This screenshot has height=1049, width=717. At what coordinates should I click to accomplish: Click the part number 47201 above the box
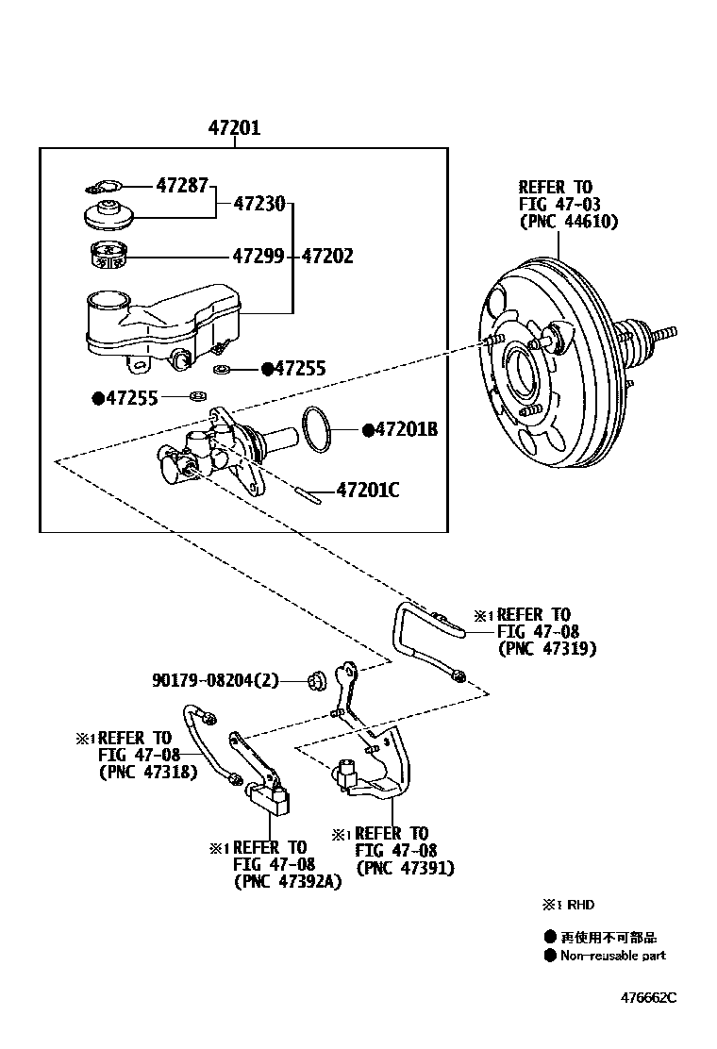tap(234, 129)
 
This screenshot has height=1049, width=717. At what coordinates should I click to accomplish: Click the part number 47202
tap(327, 256)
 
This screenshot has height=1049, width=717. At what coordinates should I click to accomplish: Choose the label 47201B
tap(407, 430)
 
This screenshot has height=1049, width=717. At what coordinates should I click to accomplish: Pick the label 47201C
tap(368, 490)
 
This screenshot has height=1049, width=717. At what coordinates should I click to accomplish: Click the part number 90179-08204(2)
tap(215, 679)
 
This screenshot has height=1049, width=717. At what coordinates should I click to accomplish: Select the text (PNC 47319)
tap(546, 649)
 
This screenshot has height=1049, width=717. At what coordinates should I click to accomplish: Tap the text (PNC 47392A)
tap(288, 881)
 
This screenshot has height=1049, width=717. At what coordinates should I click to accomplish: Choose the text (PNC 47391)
tap(405, 868)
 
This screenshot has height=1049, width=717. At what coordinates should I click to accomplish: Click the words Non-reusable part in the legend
tap(612, 956)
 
